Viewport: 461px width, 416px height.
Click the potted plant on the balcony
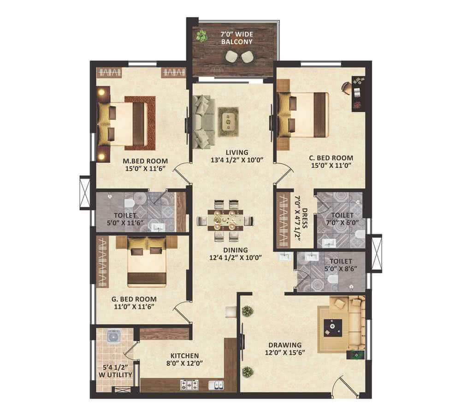(202, 36)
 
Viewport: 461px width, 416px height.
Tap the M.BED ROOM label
(145, 161)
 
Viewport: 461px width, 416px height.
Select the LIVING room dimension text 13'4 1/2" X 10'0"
(236, 160)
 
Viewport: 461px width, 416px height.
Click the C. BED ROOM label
(331, 158)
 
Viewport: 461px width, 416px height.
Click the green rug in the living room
(228, 122)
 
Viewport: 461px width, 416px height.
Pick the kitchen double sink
(216, 385)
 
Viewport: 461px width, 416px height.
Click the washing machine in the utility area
(113, 336)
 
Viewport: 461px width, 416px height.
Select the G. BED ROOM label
(134, 299)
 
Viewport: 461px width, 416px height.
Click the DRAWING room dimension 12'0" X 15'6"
(285, 352)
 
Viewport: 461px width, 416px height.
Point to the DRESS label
(305, 218)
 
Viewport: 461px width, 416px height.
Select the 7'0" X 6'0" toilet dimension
(342, 223)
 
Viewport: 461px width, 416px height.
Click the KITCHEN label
(185, 356)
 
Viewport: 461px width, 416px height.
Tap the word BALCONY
(236, 42)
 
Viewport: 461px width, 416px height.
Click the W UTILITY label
(115, 375)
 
